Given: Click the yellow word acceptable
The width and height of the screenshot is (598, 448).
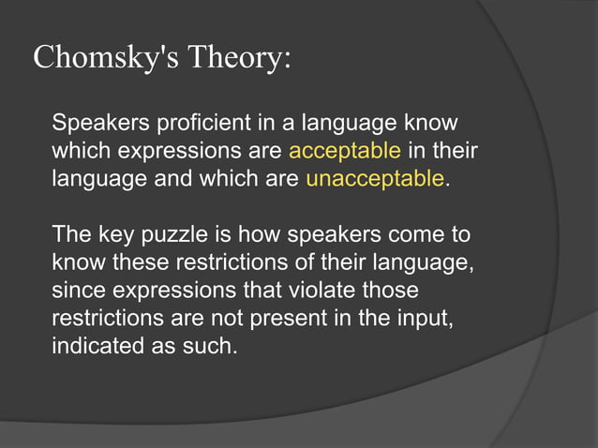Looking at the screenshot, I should [345, 151].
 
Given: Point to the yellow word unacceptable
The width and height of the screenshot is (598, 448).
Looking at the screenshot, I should [374, 178].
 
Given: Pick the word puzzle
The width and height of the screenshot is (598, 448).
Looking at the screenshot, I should [173, 233].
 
